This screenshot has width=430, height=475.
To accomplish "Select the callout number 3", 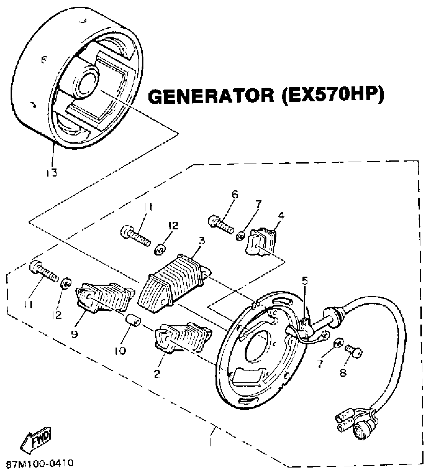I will (202, 241).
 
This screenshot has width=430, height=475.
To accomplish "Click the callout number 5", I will (305, 281).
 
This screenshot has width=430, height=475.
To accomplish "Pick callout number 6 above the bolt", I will (235, 195).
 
